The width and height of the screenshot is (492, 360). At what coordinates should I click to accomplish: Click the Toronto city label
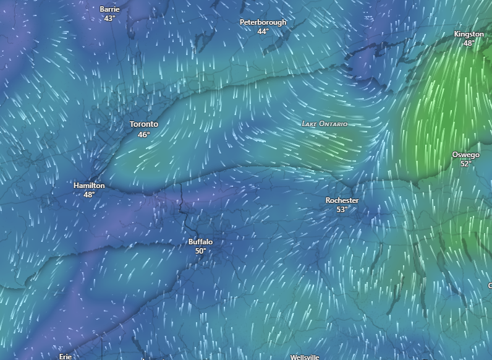pyautogui.click(x=143, y=124)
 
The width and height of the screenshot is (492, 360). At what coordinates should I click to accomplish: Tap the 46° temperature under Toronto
pyautogui.click(x=143, y=134)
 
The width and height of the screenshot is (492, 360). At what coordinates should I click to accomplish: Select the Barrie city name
pyautogui.click(x=109, y=9)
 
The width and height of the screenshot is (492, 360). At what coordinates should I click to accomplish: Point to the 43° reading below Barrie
pyautogui.click(x=109, y=19)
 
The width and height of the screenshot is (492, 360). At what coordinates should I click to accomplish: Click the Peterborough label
pyautogui.click(x=263, y=22)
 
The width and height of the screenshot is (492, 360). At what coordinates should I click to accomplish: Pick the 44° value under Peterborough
pyautogui.click(x=263, y=32)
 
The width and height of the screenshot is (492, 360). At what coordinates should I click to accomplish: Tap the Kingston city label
pyautogui.click(x=469, y=34)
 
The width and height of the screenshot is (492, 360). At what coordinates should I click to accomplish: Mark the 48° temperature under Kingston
pyautogui.click(x=469, y=43)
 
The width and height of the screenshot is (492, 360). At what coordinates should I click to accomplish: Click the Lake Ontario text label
pyautogui.click(x=324, y=124)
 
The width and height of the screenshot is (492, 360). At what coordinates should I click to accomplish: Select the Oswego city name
pyautogui.click(x=465, y=155)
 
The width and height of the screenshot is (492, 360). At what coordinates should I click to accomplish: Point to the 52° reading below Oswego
pyautogui.click(x=465, y=164)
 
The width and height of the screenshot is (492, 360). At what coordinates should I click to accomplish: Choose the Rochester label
pyautogui.click(x=342, y=200)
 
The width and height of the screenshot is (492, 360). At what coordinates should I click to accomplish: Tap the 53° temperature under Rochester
pyautogui.click(x=342, y=210)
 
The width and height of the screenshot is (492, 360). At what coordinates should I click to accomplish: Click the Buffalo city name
pyautogui.click(x=200, y=242)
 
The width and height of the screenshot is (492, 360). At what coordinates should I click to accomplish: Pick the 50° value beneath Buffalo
pyautogui.click(x=200, y=251)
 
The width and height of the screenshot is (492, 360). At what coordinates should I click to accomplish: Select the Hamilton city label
pyautogui.click(x=89, y=186)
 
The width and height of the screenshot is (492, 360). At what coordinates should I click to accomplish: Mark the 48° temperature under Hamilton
pyautogui.click(x=89, y=195)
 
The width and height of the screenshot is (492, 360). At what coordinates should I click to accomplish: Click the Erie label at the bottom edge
pyautogui.click(x=66, y=356)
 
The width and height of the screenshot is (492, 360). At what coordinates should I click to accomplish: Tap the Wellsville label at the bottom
pyautogui.click(x=305, y=357)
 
